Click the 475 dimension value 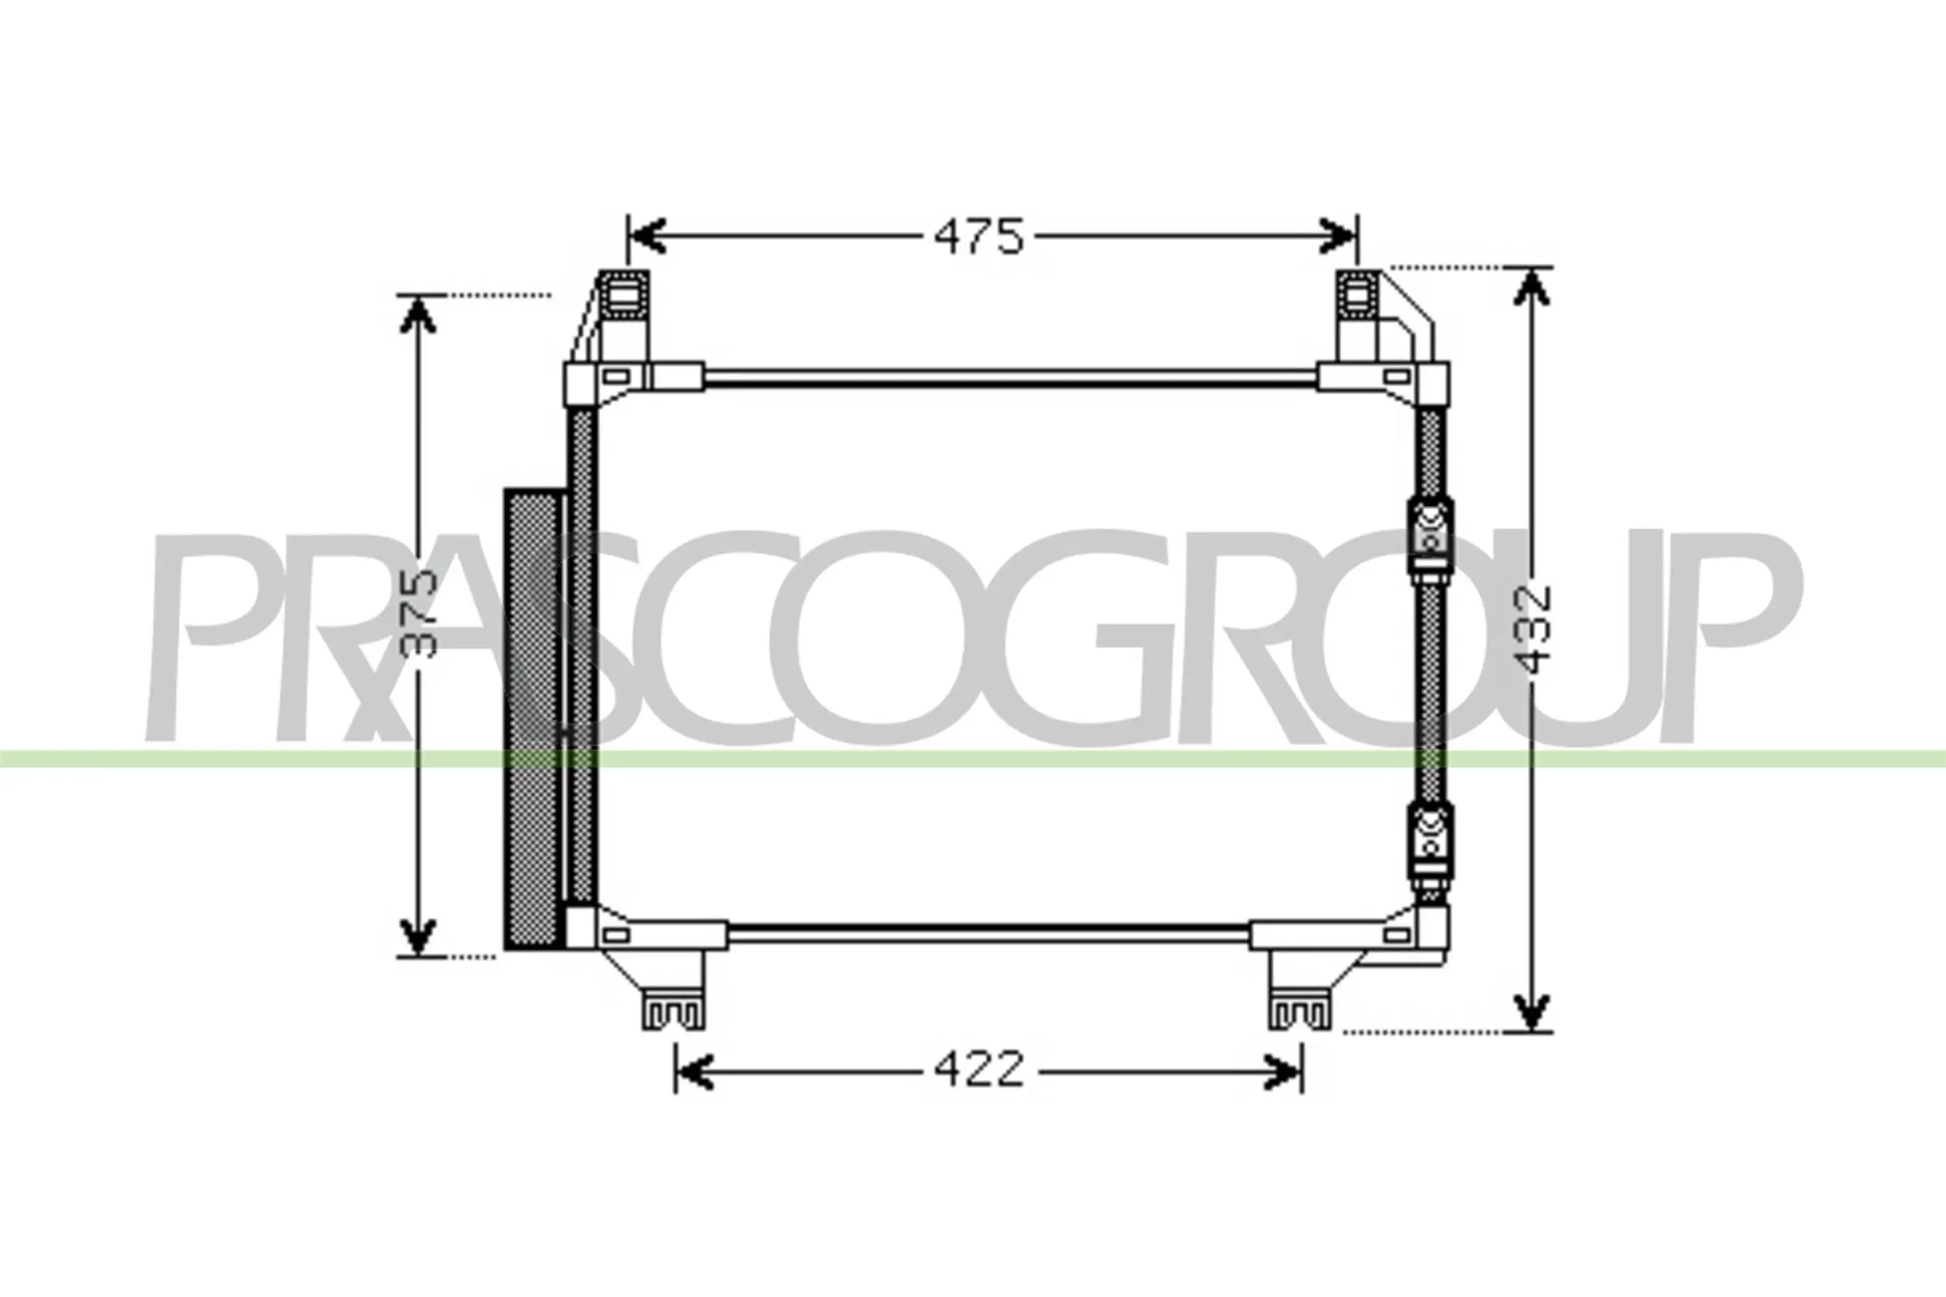(979, 237)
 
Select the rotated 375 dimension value (417, 613)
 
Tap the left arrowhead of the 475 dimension (647, 236)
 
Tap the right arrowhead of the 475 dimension (1337, 236)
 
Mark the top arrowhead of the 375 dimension (418, 315)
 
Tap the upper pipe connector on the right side (1430, 538)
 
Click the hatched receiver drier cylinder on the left (534, 718)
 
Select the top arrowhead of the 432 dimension (1532, 287)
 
